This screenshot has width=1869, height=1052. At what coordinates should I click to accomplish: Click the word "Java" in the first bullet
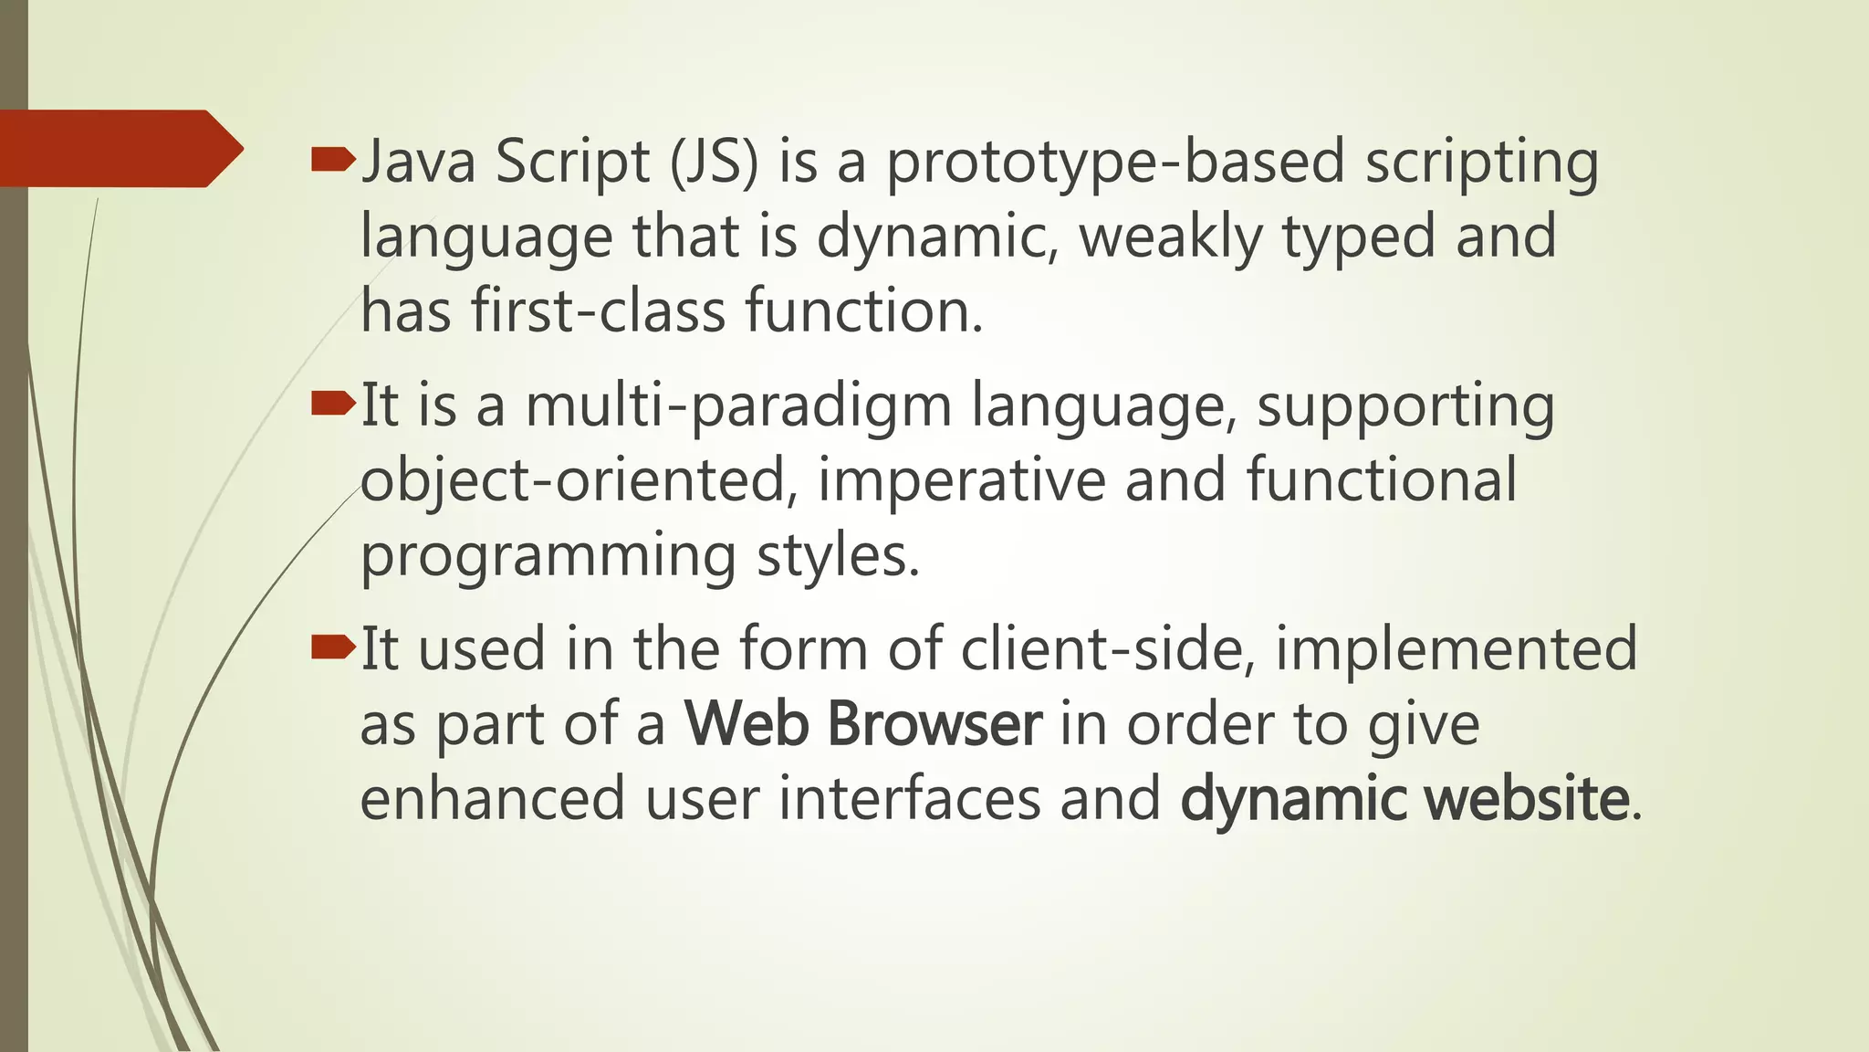point(418,162)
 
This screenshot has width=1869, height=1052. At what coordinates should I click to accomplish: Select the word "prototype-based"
point(1115,162)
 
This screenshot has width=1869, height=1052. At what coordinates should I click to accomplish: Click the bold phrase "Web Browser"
point(863,724)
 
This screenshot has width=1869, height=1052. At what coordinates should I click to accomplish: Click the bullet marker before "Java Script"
point(332,162)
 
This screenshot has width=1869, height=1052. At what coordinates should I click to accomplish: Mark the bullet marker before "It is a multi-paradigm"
point(332,404)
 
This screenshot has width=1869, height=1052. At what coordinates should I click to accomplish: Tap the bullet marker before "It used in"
point(332,647)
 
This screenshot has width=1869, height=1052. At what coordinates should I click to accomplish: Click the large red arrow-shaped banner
point(119,149)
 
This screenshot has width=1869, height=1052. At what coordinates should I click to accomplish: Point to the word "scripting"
point(1481,162)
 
